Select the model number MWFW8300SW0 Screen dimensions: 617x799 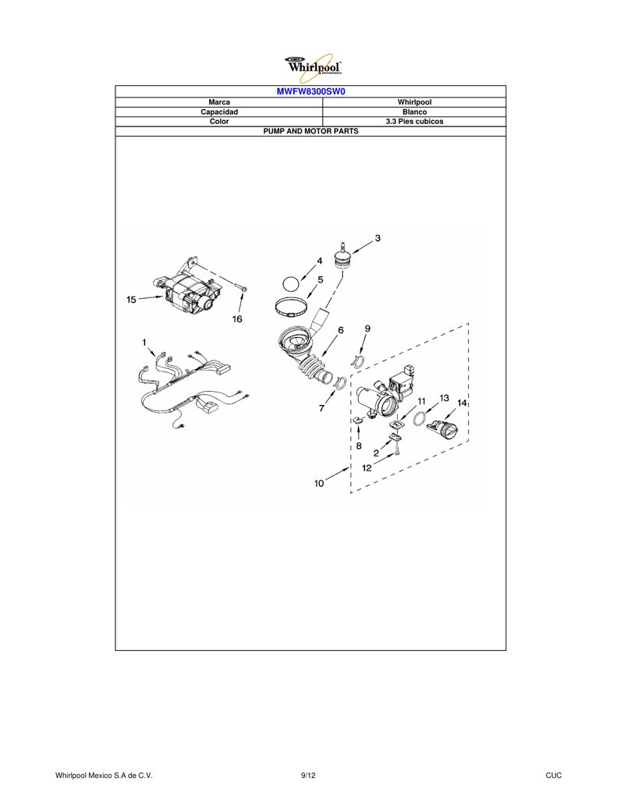point(310,92)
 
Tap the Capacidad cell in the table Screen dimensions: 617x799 point(219,112)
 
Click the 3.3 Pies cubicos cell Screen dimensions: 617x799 point(414,122)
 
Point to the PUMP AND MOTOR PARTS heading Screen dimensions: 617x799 point(310,131)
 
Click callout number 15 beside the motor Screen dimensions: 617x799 point(132,300)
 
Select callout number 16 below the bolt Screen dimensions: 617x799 point(237,319)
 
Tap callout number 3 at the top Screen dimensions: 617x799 point(378,238)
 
